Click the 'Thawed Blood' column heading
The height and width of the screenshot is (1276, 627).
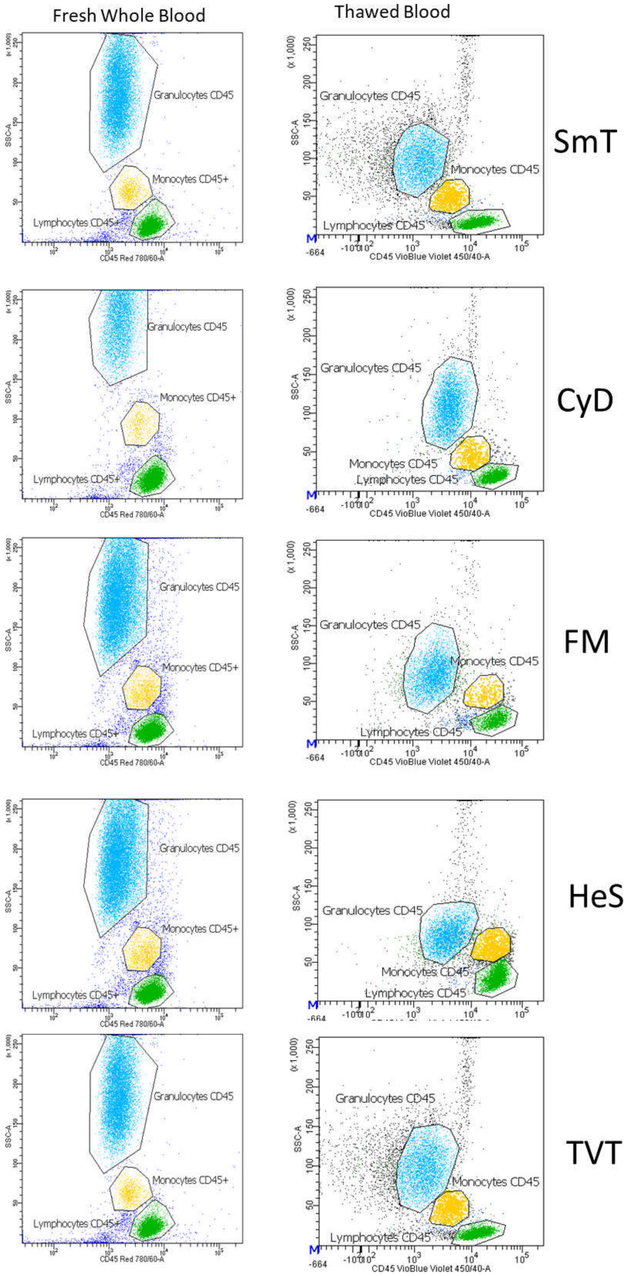coord(392,12)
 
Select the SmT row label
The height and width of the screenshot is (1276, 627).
coord(585,141)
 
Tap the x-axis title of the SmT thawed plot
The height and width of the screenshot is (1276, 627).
coord(429,257)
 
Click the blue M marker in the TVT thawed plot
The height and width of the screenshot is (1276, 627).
coord(314,1249)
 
